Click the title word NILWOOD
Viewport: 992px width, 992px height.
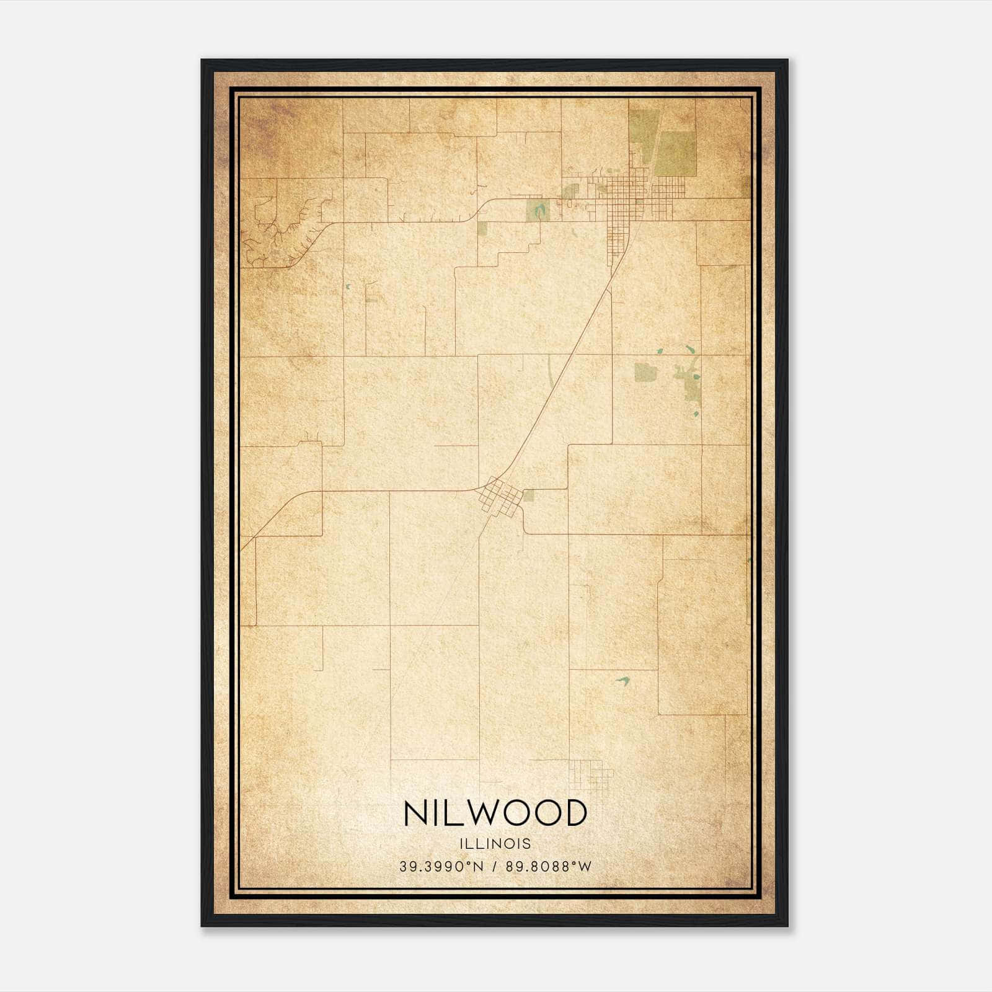tap(495, 813)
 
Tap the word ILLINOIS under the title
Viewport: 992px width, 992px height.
tap(495, 844)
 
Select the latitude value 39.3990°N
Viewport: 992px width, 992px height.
tap(441, 866)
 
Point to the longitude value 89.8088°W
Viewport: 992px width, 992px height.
tap(549, 866)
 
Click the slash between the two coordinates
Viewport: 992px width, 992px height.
tap(495, 866)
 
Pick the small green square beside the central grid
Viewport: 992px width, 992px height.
tap(528, 495)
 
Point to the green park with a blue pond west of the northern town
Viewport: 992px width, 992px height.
tap(538, 210)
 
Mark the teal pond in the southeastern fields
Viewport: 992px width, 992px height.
tap(622, 681)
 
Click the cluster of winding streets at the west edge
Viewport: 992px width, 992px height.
tap(282, 232)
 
